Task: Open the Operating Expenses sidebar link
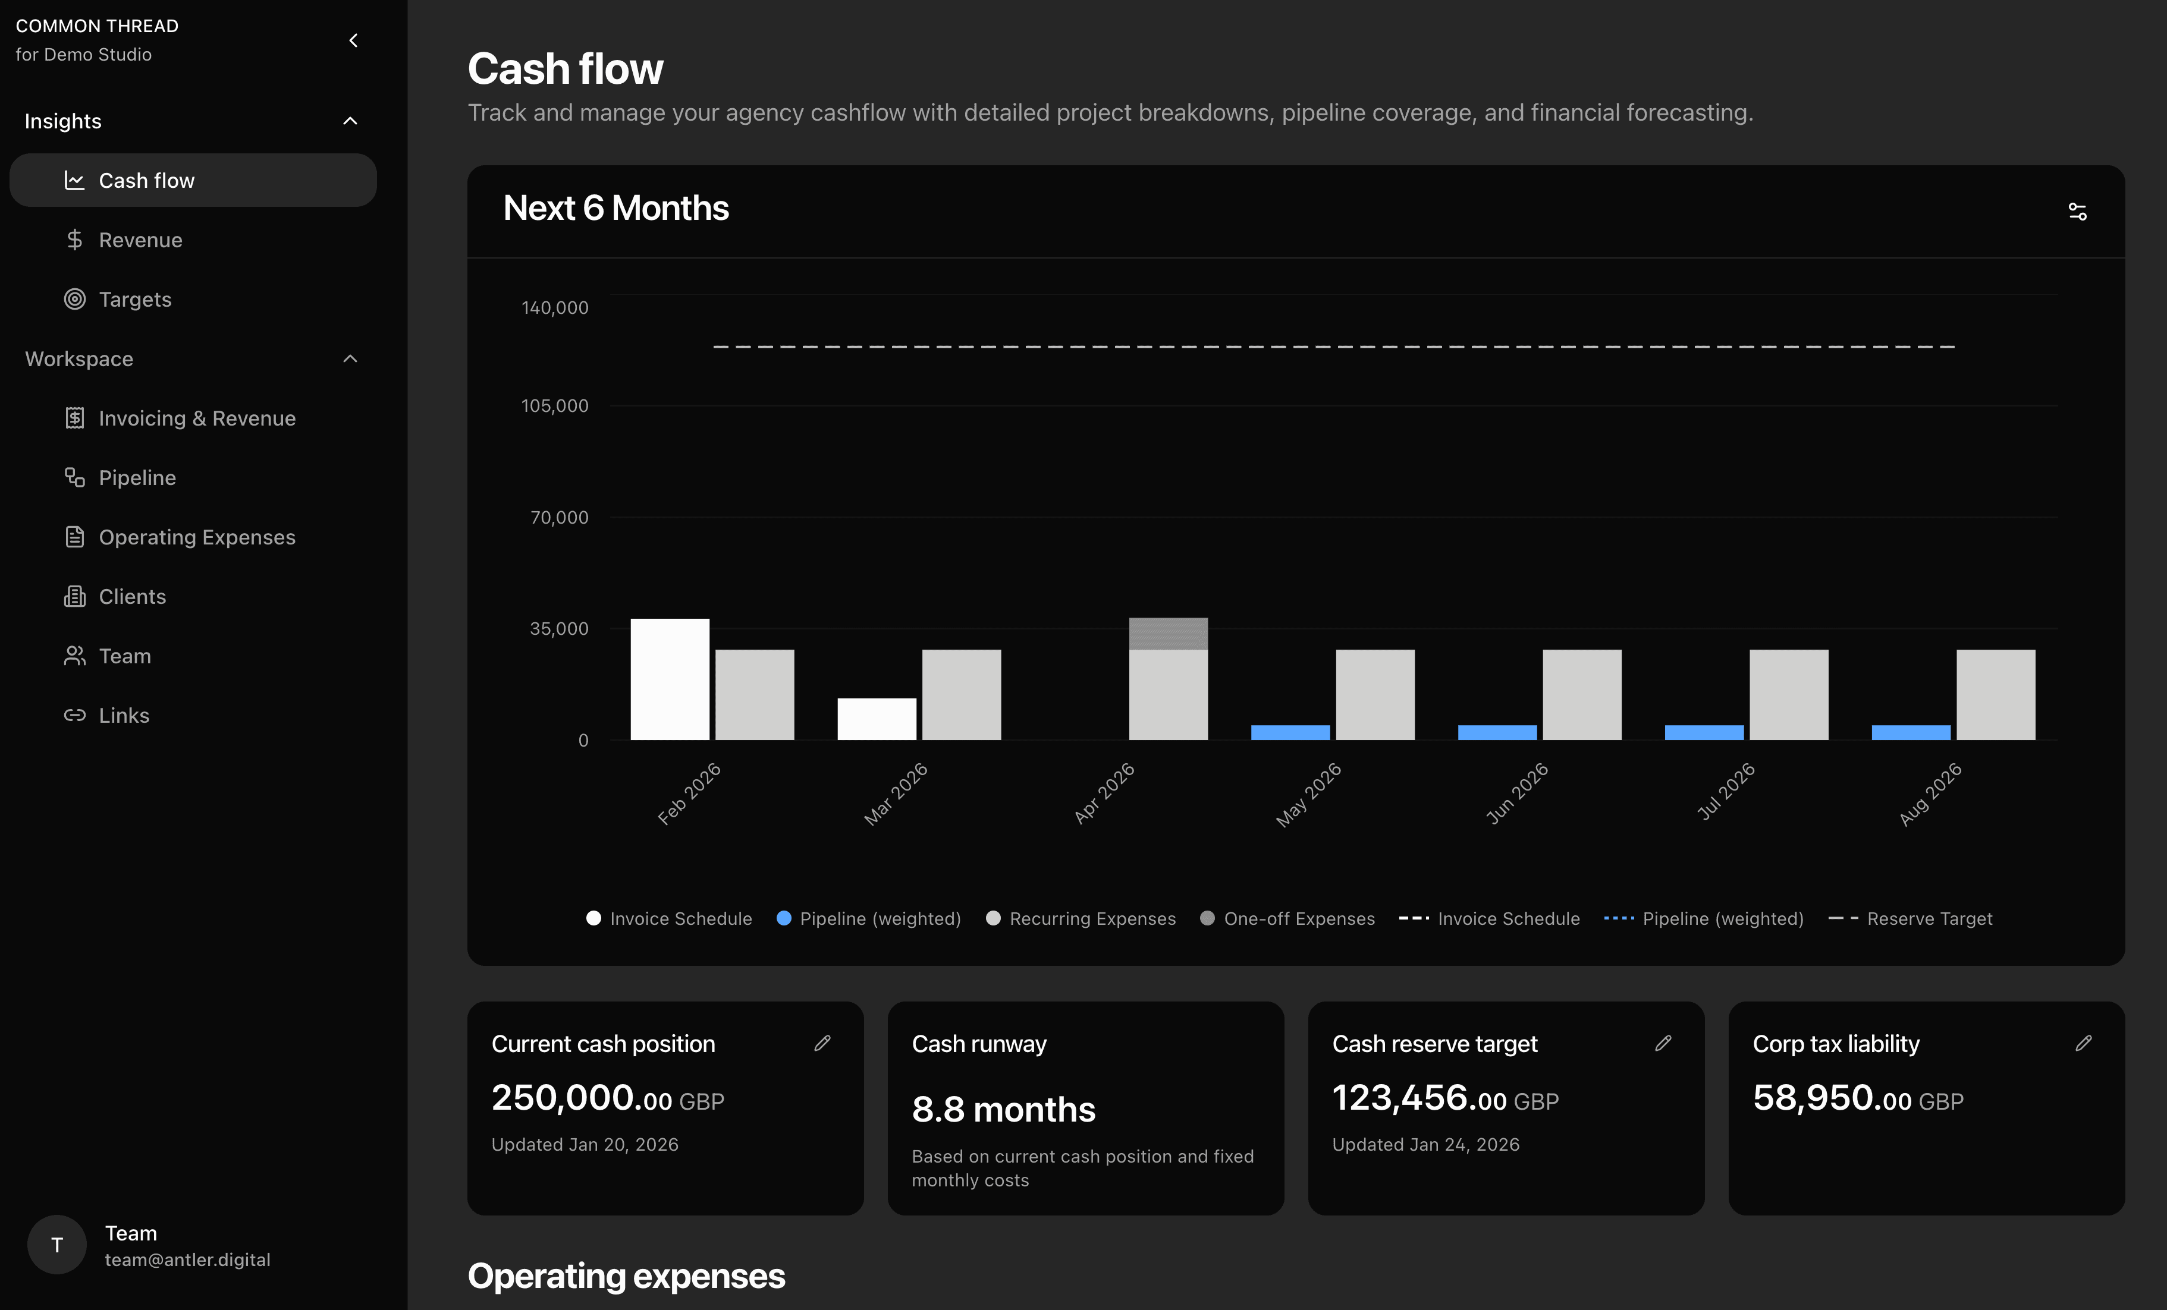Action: click(x=196, y=537)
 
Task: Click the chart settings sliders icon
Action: click(x=2077, y=212)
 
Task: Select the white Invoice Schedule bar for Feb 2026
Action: click(x=669, y=679)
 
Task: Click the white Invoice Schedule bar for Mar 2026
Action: click(x=876, y=719)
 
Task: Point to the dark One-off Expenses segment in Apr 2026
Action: click(x=1168, y=634)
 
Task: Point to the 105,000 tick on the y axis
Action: click(x=555, y=406)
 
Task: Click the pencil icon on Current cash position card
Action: click(x=822, y=1044)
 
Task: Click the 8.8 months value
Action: click(x=1003, y=1110)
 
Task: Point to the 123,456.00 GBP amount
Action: click(x=1445, y=1099)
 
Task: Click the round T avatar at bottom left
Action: click(x=57, y=1245)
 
